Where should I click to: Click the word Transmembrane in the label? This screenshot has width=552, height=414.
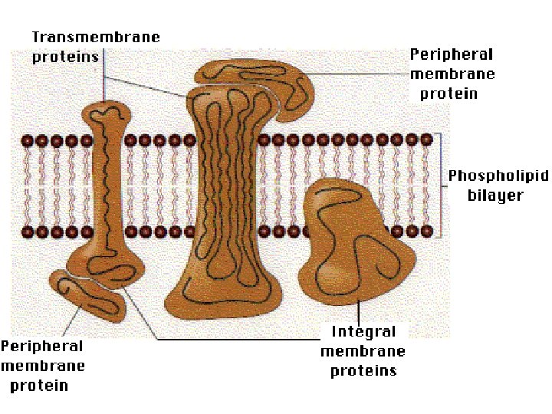(96, 37)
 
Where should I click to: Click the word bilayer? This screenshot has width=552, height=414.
(495, 195)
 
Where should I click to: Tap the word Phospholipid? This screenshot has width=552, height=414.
(498, 176)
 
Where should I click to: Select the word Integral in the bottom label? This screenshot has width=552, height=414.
(363, 332)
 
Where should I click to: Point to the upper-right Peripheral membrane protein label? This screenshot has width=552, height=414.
(452, 74)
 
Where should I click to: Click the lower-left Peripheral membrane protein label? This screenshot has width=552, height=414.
(42, 366)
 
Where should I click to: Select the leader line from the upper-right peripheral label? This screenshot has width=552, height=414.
(360, 74)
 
